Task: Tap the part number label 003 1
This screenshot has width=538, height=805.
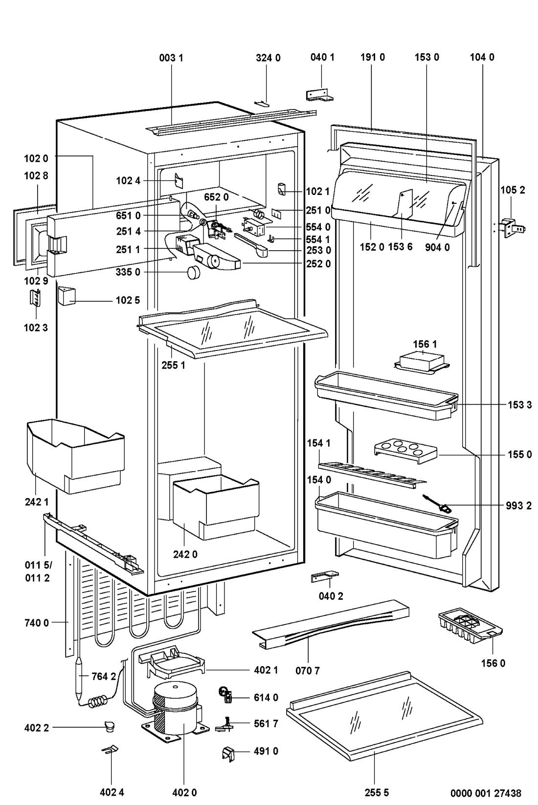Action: tap(171, 57)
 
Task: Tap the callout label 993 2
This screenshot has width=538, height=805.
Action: tap(518, 505)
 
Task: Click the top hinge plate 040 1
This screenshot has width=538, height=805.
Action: tap(320, 95)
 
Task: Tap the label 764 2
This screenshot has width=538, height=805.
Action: tap(104, 676)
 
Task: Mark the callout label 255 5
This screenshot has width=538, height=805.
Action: tap(377, 792)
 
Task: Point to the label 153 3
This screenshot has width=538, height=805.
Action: tap(518, 405)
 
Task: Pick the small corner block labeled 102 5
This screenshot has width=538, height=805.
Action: tap(66, 296)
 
